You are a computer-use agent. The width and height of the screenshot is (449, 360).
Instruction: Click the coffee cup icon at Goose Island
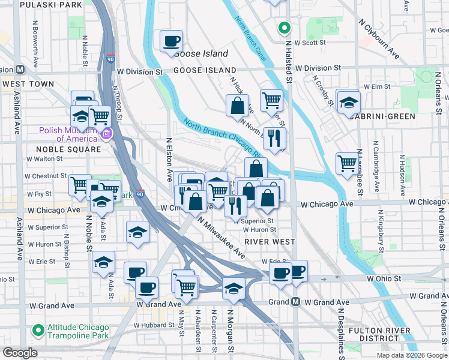click(x=172, y=41)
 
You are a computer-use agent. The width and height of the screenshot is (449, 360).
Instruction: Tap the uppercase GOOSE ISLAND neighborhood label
click(x=200, y=70)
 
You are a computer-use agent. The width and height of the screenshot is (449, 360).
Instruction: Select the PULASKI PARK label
click(x=50, y=5)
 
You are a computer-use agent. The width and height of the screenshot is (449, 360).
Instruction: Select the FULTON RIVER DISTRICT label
click(x=379, y=335)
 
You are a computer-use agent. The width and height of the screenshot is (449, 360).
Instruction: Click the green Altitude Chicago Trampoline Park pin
click(x=38, y=330)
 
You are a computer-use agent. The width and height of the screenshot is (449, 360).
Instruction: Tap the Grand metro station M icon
click(x=295, y=302)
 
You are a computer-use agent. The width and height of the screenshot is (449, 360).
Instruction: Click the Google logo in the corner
click(x=20, y=353)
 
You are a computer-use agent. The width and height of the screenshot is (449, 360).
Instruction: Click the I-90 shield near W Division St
click(x=110, y=59)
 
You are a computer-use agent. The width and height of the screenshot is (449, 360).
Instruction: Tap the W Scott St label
click(x=310, y=43)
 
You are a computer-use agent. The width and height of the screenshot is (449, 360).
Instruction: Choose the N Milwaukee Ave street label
click(x=222, y=236)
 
